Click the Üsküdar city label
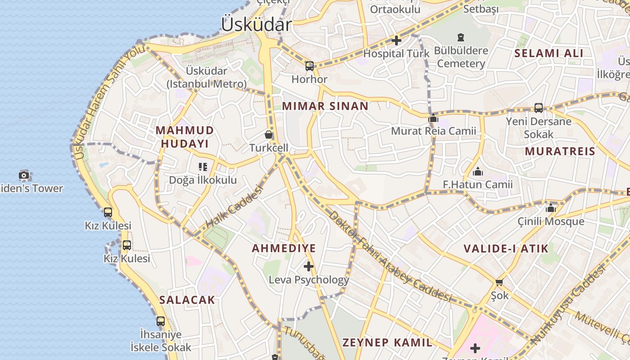[x=256, y=24]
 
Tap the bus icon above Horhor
[x=310, y=66]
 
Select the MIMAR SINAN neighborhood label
[x=325, y=106]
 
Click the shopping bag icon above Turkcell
[x=269, y=135]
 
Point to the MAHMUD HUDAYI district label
[x=184, y=137]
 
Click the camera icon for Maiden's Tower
[x=24, y=175]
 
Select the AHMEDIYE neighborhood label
[x=283, y=248]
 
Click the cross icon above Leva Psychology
[x=309, y=266]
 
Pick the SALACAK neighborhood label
[x=187, y=300]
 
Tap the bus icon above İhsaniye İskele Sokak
[x=161, y=321]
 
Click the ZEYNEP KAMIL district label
[x=387, y=342]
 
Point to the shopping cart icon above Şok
[x=499, y=282]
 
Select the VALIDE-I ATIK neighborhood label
[x=506, y=248]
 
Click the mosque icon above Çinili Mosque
[x=551, y=208]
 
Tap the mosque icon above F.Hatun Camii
[x=478, y=171]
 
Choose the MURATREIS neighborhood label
[x=560, y=151]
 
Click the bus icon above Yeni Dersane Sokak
[x=538, y=108]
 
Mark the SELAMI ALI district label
[x=549, y=53]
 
